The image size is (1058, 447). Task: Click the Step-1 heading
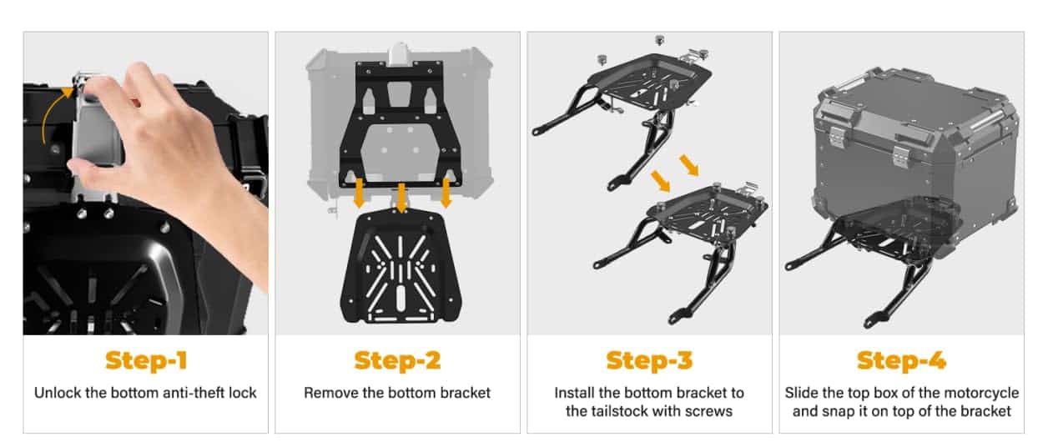pos(146,360)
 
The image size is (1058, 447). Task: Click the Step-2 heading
pos(397,360)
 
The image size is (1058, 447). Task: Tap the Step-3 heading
pos(649,360)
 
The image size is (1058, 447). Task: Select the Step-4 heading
pos(901,360)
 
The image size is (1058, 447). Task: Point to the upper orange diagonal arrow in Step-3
pos(689,165)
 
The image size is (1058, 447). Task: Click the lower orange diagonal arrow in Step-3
pos(660,181)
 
